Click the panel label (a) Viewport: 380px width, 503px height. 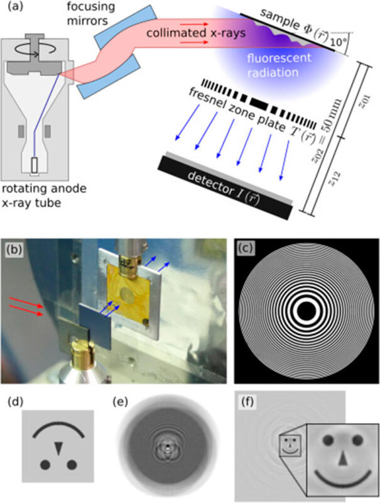[15, 6]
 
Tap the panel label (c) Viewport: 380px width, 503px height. [246, 248]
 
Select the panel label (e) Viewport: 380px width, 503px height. [121, 401]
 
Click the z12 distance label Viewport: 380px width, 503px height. [334, 179]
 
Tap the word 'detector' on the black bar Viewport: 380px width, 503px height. [210, 184]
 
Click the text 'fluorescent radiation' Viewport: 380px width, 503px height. [278, 65]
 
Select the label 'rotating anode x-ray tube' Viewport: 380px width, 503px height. [44, 196]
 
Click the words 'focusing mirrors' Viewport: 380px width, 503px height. [90, 14]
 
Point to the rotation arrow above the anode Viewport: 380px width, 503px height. [36, 50]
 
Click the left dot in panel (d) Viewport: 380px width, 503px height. [45, 464]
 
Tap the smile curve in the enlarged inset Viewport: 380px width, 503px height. [343, 480]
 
